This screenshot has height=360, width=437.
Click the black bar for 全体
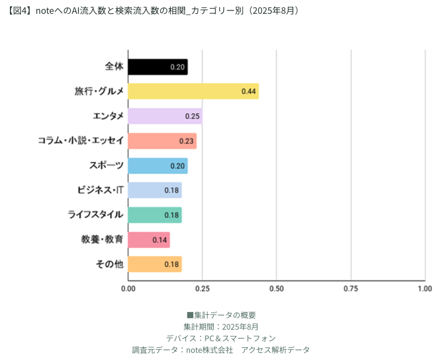(x=157, y=67)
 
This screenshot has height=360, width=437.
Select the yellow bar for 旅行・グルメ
(x=193, y=91)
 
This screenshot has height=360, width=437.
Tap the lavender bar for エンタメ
(x=165, y=116)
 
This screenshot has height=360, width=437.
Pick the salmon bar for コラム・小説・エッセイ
(x=162, y=141)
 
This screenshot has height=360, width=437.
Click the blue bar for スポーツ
(x=157, y=166)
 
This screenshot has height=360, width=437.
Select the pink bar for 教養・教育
(x=149, y=240)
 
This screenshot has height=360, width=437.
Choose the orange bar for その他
(x=155, y=264)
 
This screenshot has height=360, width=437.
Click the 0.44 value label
(x=249, y=92)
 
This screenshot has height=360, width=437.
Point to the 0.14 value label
(x=160, y=240)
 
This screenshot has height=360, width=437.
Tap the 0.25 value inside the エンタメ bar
(x=192, y=117)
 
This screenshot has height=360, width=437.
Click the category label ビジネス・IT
(x=100, y=190)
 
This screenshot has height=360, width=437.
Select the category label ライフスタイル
(x=96, y=215)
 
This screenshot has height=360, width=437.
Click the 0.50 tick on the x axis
(x=276, y=289)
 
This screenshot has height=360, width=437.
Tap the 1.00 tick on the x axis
(x=424, y=289)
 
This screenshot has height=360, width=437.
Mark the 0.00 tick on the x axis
(x=128, y=289)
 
